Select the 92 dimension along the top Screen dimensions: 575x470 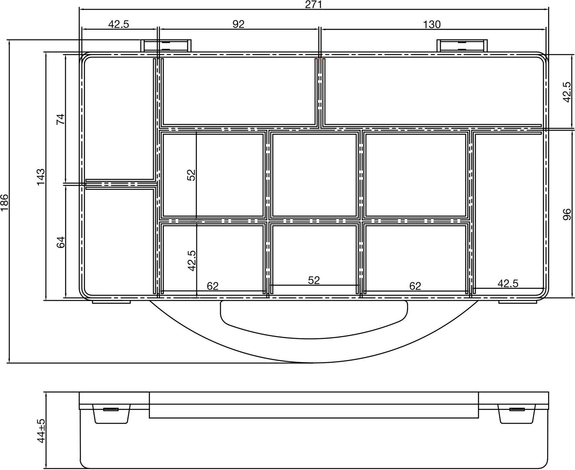point(238,24)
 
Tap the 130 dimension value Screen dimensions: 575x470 point(432,24)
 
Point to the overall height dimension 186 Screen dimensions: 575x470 point(4,203)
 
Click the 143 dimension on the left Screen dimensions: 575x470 point(41,177)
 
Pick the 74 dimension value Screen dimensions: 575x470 point(61,119)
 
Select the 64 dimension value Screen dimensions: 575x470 point(61,242)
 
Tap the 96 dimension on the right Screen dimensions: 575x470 point(566,214)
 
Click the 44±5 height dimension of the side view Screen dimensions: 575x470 point(41,431)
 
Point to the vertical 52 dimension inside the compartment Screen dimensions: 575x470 point(191,175)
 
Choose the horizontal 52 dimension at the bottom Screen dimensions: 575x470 point(313,280)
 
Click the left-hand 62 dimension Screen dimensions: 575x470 point(213,286)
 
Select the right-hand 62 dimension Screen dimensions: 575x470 point(415,286)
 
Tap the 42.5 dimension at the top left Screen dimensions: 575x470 point(118,24)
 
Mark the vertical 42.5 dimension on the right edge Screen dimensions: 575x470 point(566,92)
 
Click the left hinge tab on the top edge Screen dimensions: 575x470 point(166,46)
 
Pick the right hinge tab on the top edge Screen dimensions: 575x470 point(462,46)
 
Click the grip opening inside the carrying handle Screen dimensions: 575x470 point(314,319)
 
